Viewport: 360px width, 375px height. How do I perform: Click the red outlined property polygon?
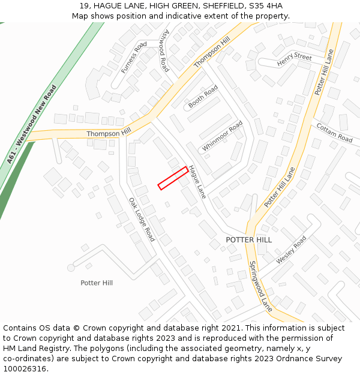click(173, 178)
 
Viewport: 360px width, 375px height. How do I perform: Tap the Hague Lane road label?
click(197, 182)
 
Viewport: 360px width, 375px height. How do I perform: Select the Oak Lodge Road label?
click(142, 219)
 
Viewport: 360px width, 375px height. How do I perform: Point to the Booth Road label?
click(203, 96)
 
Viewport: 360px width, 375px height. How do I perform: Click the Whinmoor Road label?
click(222, 136)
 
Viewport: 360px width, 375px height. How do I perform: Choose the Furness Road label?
click(134, 58)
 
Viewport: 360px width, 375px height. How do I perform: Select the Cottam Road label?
click(334, 133)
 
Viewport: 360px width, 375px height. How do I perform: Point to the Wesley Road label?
click(292, 250)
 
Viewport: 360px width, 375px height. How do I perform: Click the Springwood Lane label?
click(260, 286)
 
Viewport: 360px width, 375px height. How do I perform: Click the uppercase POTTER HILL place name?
click(248, 239)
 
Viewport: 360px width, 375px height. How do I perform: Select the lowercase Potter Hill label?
click(97, 283)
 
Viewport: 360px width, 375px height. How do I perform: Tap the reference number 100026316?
click(25, 368)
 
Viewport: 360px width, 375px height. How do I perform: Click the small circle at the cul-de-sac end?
click(71, 267)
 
